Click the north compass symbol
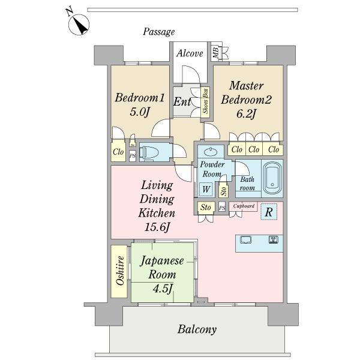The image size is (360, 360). click(x=79, y=25)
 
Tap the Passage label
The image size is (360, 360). click(x=158, y=32)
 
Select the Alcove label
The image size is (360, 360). click(x=190, y=53)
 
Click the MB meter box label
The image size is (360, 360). click(x=215, y=53)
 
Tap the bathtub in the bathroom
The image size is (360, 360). click(x=272, y=178)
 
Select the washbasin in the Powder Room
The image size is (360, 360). click(x=211, y=151)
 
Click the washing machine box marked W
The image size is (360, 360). click(x=206, y=189)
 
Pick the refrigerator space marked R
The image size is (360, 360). click(x=269, y=212)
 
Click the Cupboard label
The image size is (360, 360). click(x=244, y=206)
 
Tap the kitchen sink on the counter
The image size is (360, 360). click(x=245, y=239)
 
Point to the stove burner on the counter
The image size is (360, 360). click(x=273, y=239)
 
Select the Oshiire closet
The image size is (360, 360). click(x=119, y=271)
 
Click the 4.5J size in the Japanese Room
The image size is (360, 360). click(x=163, y=289)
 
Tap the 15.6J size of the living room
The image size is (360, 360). click(x=157, y=227)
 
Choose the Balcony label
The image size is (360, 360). click(x=197, y=329)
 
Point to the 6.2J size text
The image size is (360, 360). click(x=246, y=113)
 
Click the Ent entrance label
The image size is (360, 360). click(x=182, y=102)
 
